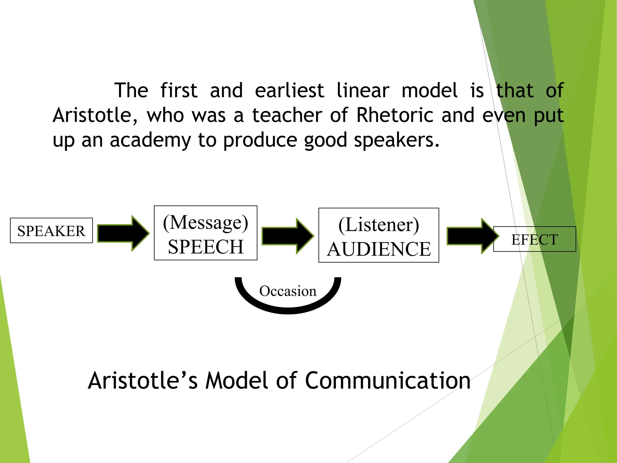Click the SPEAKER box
click(51, 231)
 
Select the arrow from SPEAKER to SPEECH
click(123, 233)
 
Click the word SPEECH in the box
click(205, 247)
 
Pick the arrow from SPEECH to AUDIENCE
click(287, 236)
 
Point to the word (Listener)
click(379, 225)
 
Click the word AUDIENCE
click(379, 249)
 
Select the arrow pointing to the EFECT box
click(471, 236)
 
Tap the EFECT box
click(534, 239)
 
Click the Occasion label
click(288, 291)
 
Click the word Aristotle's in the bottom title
click(143, 381)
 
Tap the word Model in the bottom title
click(236, 381)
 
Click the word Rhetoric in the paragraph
click(395, 115)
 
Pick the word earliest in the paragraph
click(289, 90)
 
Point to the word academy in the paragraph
click(150, 140)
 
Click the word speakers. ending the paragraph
click(396, 140)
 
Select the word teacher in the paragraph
click(287, 115)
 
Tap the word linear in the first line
click(363, 90)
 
